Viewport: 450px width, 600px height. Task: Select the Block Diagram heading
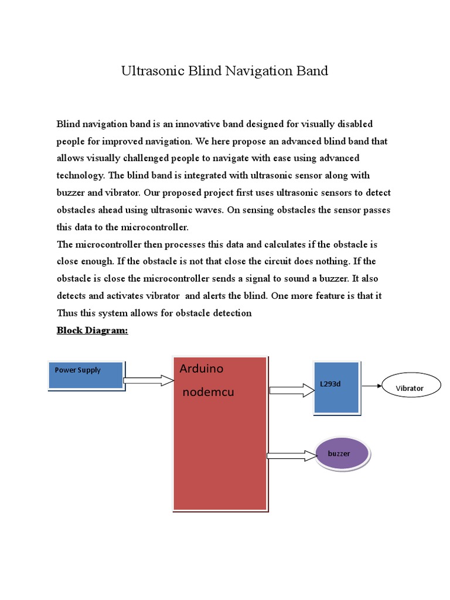92,330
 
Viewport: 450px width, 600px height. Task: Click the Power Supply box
86,376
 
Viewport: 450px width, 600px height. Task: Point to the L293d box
337,387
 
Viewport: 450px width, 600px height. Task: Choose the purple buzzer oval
342,454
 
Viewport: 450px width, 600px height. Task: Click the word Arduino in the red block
202,369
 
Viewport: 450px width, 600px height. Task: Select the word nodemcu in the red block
208,392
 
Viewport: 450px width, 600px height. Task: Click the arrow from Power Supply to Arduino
149,381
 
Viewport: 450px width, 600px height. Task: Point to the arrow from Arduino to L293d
292,390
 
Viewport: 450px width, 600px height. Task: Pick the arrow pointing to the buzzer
291,455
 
